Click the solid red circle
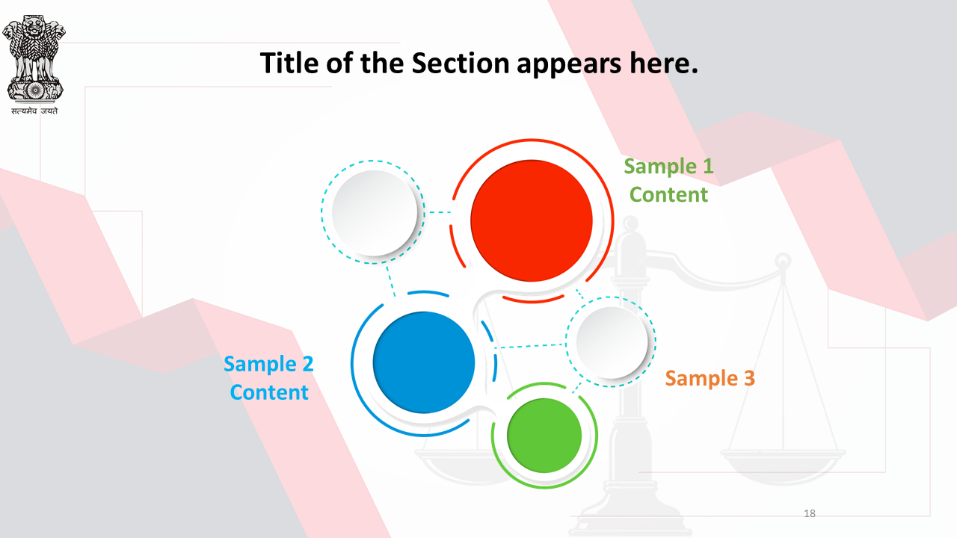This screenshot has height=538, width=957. (x=532, y=220)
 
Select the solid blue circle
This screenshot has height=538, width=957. (x=424, y=362)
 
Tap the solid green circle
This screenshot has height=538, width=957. (x=544, y=436)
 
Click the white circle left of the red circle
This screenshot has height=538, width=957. (x=375, y=213)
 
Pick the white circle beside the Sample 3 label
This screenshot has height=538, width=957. (x=612, y=342)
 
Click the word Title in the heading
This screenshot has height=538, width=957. (x=289, y=64)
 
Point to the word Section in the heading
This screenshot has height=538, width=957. (x=460, y=64)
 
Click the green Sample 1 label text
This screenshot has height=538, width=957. (x=668, y=166)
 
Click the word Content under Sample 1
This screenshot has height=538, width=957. (x=668, y=195)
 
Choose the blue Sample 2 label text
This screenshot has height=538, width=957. (x=268, y=364)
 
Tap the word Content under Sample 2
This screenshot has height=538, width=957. (x=269, y=392)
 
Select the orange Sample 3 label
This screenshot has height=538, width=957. (x=710, y=378)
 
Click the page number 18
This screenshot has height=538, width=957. (x=810, y=513)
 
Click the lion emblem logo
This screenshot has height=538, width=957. (x=34, y=58)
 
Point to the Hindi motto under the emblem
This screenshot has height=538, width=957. (x=34, y=111)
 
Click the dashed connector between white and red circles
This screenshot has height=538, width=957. (x=440, y=212)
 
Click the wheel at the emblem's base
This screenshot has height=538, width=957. (x=34, y=90)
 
